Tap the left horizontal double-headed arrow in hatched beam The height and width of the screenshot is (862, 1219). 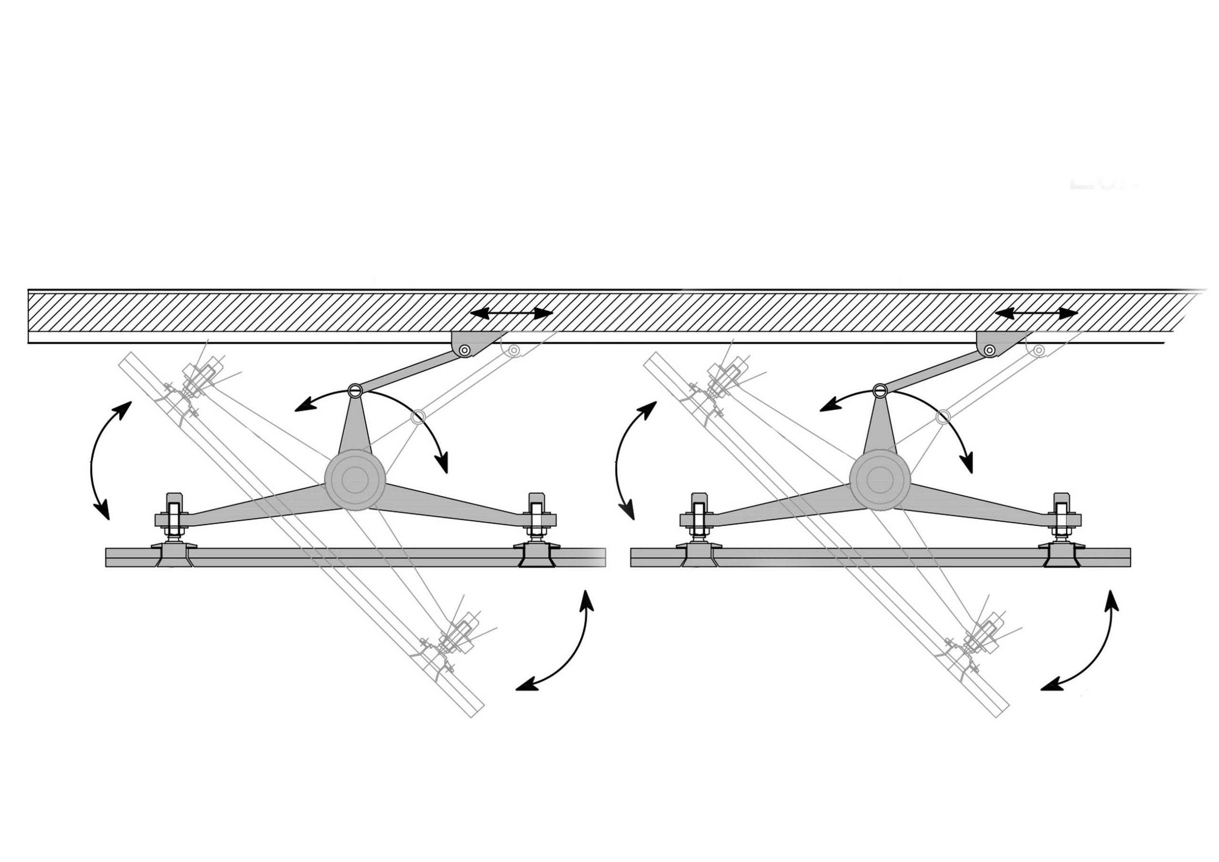pyautogui.click(x=511, y=313)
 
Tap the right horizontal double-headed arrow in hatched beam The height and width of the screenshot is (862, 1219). pyautogui.click(x=1036, y=313)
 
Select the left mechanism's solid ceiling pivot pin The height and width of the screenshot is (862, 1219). pyautogui.click(x=465, y=350)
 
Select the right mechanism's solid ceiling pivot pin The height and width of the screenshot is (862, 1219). pyautogui.click(x=990, y=350)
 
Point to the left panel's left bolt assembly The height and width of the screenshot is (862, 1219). pyautogui.click(x=174, y=520)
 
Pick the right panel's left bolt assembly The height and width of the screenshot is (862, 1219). pyautogui.click(x=698, y=520)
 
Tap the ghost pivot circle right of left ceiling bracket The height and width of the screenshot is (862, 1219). pyautogui.click(x=514, y=350)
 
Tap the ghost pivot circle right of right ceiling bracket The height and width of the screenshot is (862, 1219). pyautogui.click(x=1039, y=350)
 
